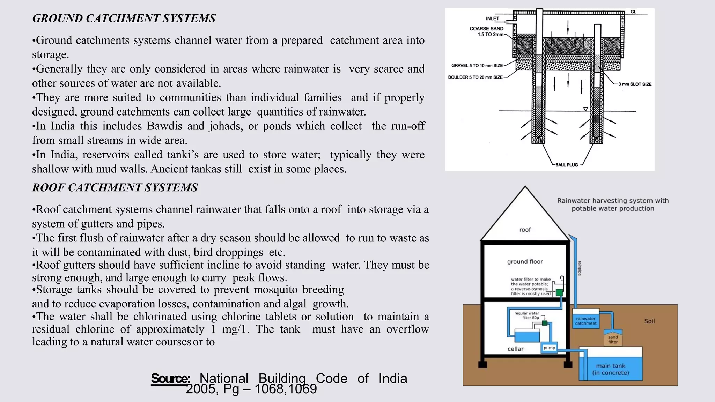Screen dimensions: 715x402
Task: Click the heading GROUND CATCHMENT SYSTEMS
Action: click(x=124, y=18)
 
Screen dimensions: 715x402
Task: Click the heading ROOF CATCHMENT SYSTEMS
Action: click(x=115, y=187)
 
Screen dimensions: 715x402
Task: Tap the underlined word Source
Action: click(x=170, y=378)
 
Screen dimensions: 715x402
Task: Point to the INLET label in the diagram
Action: click(x=492, y=18)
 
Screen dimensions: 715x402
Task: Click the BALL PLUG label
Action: click(x=566, y=165)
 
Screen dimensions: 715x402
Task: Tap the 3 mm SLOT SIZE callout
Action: click(x=635, y=84)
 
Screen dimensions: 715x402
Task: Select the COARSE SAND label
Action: click(x=486, y=29)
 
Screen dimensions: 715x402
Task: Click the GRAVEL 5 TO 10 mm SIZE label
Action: click(x=477, y=65)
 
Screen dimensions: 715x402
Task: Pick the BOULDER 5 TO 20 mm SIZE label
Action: click(x=475, y=77)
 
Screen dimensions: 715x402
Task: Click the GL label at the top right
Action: click(x=633, y=12)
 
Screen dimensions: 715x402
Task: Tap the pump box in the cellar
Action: click(x=549, y=348)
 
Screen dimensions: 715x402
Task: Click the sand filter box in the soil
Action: click(x=613, y=339)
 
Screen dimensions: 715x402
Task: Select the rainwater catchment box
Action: click(x=585, y=321)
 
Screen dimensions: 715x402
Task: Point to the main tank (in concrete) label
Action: click(x=611, y=369)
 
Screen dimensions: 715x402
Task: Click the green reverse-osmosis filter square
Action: click(x=559, y=292)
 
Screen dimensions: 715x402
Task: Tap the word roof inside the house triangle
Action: click(x=525, y=230)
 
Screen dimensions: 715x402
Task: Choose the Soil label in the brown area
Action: click(x=649, y=321)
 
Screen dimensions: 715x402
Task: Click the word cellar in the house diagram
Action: click(x=515, y=349)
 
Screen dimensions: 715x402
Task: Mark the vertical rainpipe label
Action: click(x=580, y=268)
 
